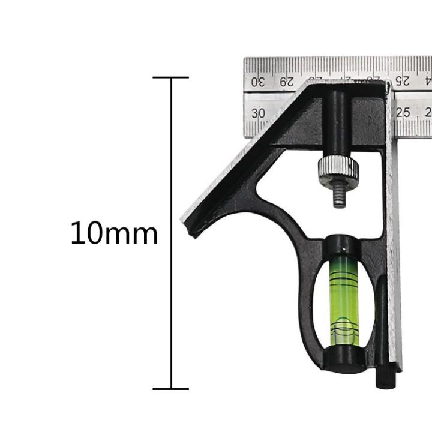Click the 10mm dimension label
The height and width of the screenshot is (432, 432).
114,233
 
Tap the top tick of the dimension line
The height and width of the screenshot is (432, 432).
171,77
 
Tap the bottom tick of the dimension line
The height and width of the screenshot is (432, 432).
171,389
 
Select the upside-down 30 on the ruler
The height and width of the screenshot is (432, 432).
257,82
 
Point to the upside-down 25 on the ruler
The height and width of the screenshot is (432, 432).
403,80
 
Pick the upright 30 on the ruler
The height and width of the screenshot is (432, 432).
259,113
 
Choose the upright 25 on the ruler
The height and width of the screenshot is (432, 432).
403,112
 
